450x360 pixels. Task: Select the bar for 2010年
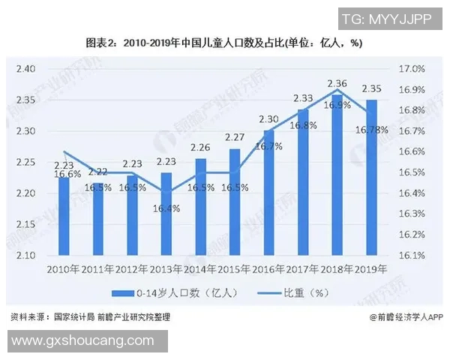coord(64,217)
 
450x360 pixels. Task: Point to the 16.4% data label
coord(166,209)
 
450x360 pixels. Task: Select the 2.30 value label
coord(268,118)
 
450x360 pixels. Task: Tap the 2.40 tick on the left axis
coord(25,69)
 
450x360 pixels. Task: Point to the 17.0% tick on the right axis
coord(412,69)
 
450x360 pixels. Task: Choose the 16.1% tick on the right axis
coord(412,256)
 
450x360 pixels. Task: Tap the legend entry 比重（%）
coord(284,292)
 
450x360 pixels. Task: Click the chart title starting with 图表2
coord(224,43)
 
